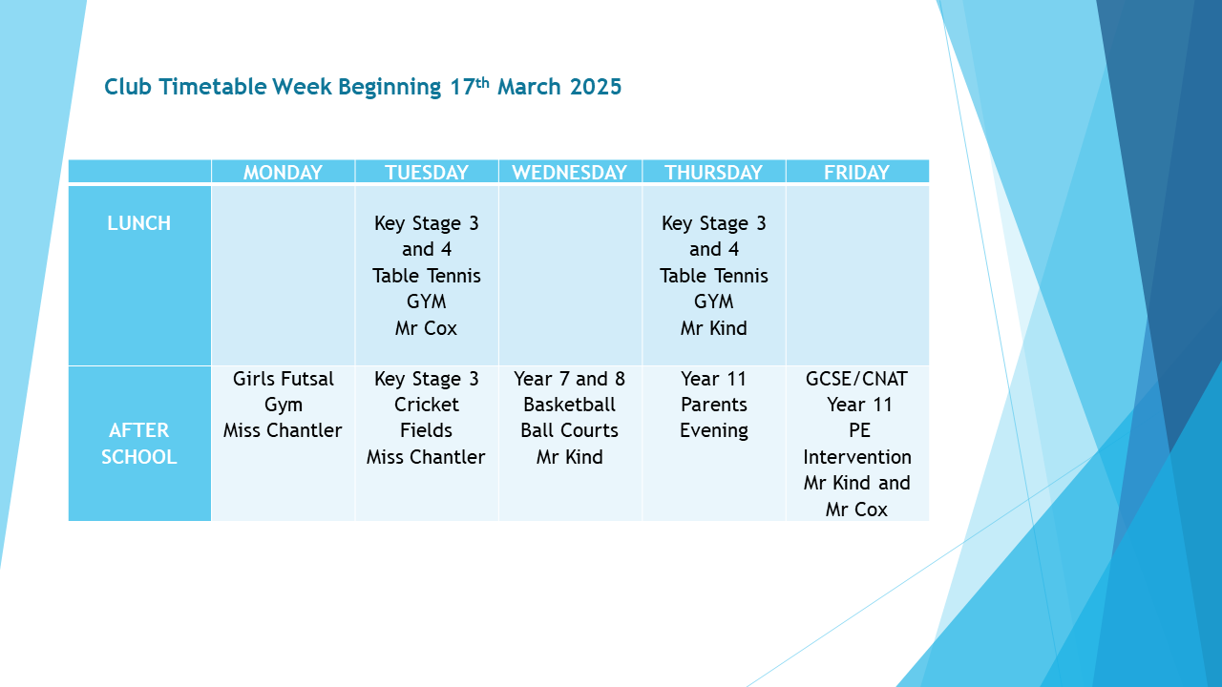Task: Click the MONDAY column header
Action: point(283,173)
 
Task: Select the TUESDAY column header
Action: point(427,173)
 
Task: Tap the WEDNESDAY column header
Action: point(570,173)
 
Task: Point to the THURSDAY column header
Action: point(713,173)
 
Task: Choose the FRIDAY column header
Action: point(856,173)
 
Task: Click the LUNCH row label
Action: point(139,223)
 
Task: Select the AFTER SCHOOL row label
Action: point(139,444)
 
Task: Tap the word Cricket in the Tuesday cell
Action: point(427,405)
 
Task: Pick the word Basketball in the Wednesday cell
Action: point(570,405)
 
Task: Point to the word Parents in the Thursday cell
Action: point(713,405)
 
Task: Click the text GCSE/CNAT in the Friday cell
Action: point(856,379)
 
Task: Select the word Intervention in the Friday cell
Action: point(857,457)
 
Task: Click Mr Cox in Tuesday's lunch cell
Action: point(426,328)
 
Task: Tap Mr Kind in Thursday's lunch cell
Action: point(713,328)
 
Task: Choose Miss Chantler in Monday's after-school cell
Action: point(283,430)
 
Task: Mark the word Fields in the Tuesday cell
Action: point(426,430)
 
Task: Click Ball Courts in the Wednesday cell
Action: point(570,430)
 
